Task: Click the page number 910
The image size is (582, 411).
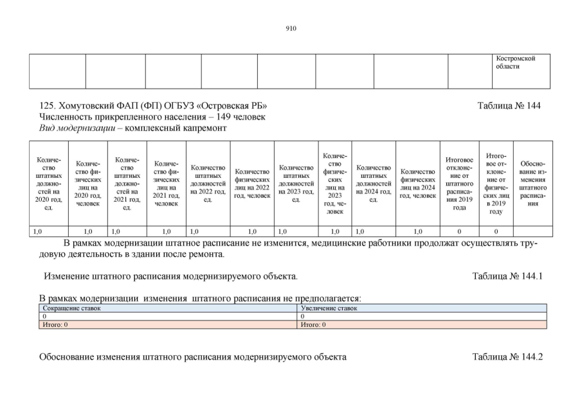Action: (291, 28)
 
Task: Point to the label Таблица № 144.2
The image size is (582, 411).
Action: (507, 357)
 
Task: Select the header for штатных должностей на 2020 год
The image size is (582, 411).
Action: (49, 183)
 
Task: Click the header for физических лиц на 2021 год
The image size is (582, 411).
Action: (166, 183)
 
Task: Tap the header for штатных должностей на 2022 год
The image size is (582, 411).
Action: (208, 183)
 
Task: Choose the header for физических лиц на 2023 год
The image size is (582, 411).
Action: (334, 183)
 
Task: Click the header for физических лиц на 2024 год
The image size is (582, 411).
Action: (417, 183)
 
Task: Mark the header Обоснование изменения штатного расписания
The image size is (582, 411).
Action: (532, 183)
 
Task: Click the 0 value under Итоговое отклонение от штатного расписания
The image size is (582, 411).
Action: (459, 231)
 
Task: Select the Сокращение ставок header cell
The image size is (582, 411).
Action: (71, 309)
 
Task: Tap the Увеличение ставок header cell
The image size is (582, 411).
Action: (329, 309)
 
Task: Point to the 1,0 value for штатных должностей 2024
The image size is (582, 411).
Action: (360, 231)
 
